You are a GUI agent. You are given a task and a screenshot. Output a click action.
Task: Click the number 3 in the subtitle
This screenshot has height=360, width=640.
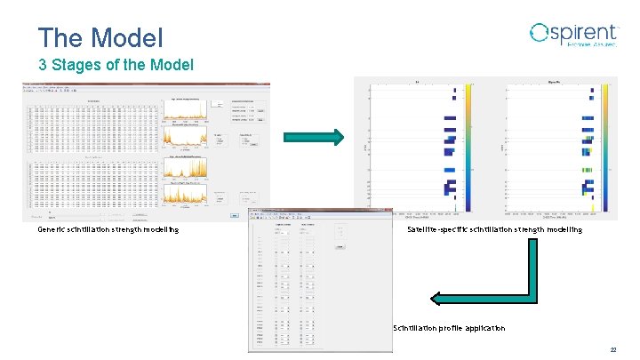pos(42,65)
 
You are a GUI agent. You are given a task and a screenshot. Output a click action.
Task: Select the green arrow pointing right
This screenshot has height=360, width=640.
pos(313,137)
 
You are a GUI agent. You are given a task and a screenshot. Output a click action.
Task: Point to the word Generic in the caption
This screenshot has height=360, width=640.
pos(52,229)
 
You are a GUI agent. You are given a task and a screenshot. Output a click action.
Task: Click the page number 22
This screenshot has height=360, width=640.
pos(626,350)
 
